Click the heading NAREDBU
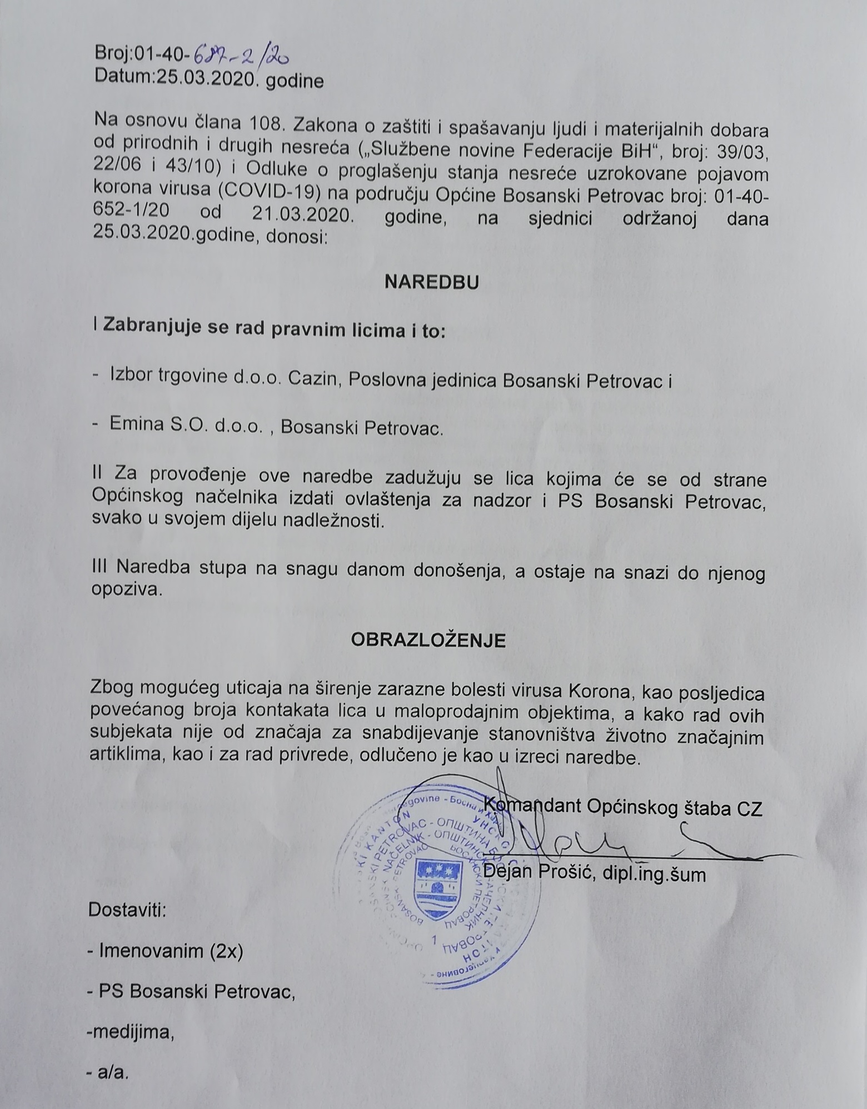point(432,282)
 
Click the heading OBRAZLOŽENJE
point(428,640)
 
